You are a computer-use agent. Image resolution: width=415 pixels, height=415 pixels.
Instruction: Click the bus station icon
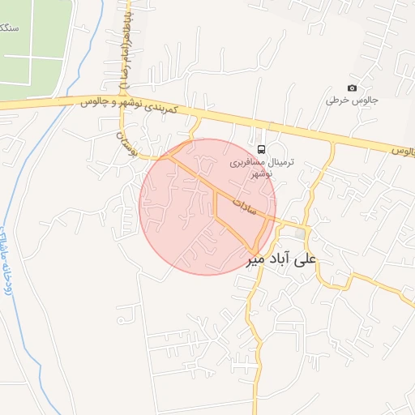[x=261, y=150]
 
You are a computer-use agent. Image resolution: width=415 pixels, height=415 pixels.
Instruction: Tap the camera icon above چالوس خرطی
[x=352, y=88]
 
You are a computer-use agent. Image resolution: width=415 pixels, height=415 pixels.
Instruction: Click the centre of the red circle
[x=207, y=207]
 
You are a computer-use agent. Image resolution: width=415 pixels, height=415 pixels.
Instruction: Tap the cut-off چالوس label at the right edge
[x=403, y=152]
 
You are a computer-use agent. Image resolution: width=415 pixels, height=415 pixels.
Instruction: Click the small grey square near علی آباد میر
[x=302, y=234]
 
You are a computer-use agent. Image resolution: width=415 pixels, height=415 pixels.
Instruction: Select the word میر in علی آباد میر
[x=256, y=260]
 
